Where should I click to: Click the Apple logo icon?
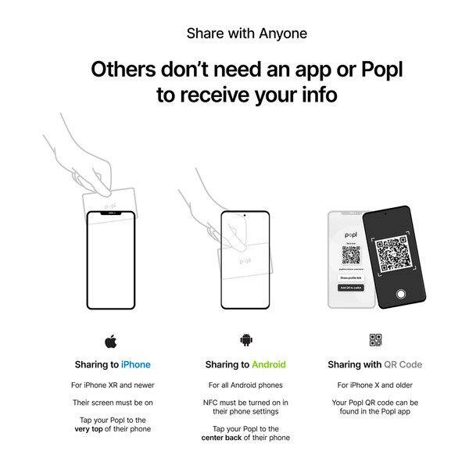pyautogui.click(x=110, y=340)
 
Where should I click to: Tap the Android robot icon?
pyautogui.click(x=245, y=340)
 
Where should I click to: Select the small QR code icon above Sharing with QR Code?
pyautogui.click(x=376, y=340)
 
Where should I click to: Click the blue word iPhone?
pyautogui.click(x=136, y=365)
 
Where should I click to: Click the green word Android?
pyautogui.click(x=269, y=365)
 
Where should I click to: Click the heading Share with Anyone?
pyautogui.click(x=247, y=34)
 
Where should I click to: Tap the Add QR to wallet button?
pyautogui.click(x=349, y=288)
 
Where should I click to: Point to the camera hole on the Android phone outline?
pyautogui.click(x=245, y=215)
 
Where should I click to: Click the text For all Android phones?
pyautogui.click(x=245, y=385)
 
